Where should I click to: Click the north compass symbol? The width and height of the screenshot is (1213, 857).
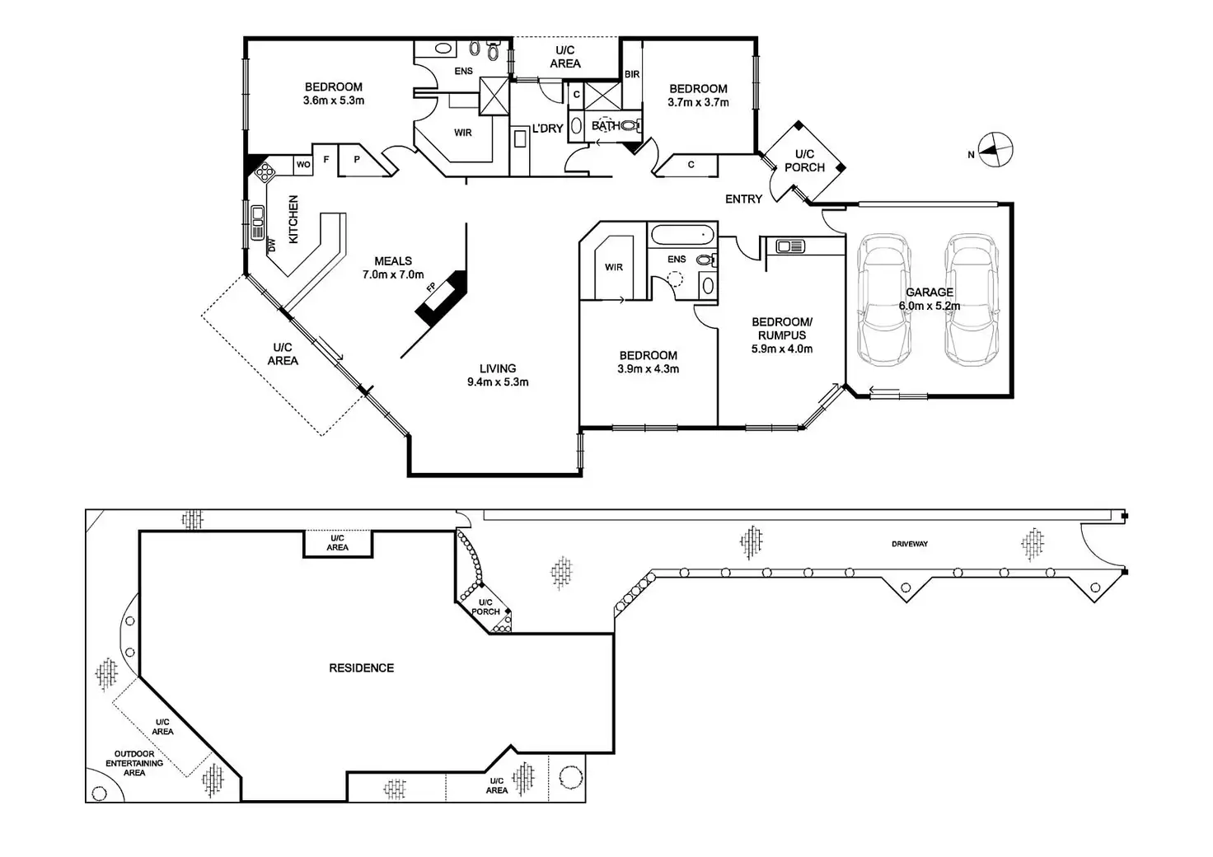tap(995, 150)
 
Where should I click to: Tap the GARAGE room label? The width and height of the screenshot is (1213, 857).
tap(930, 293)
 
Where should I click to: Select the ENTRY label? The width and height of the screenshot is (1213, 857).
tap(743, 199)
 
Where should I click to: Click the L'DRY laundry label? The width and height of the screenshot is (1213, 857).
tap(547, 129)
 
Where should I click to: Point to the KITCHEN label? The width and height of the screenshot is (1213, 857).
tap(293, 219)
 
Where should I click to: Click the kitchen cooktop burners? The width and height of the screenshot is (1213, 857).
tap(265, 171)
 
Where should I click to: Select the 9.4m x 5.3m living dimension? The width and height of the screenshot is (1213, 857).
tap(498, 382)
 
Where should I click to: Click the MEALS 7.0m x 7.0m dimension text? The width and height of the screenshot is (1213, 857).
tap(393, 275)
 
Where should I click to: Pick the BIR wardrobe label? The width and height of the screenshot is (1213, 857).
tap(632, 75)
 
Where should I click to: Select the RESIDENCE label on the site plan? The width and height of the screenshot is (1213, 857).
tap(361, 668)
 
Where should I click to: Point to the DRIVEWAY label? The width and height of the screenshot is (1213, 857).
tap(910, 544)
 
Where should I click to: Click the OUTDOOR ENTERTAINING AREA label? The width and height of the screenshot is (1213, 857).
tap(134, 763)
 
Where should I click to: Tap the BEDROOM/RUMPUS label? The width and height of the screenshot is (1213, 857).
tap(782, 329)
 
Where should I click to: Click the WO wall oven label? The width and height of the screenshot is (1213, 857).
tap(303, 165)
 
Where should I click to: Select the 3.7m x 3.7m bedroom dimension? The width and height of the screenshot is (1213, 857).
tap(698, 103)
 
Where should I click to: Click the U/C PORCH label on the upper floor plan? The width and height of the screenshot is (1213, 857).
tap(804, 161)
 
